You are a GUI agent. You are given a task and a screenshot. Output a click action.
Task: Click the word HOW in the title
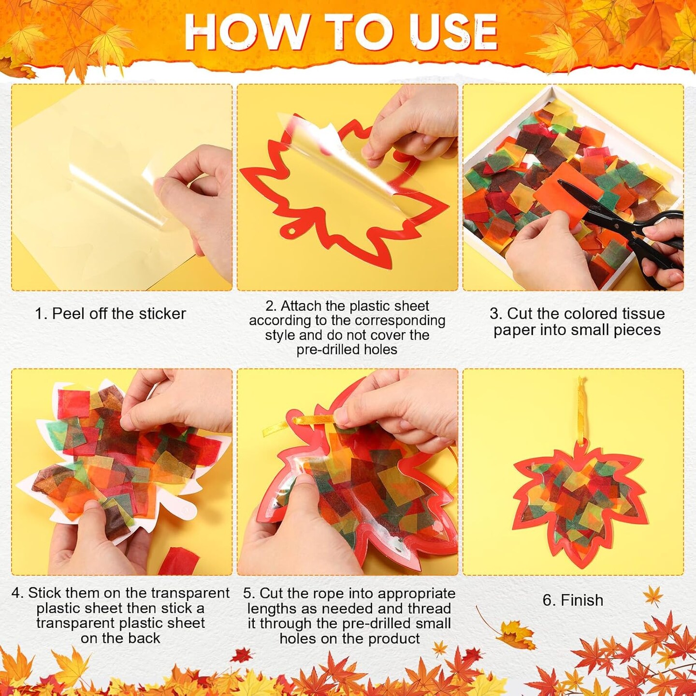244,32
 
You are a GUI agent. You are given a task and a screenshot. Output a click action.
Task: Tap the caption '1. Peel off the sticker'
110,314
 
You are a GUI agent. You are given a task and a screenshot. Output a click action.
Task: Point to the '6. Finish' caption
573,600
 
